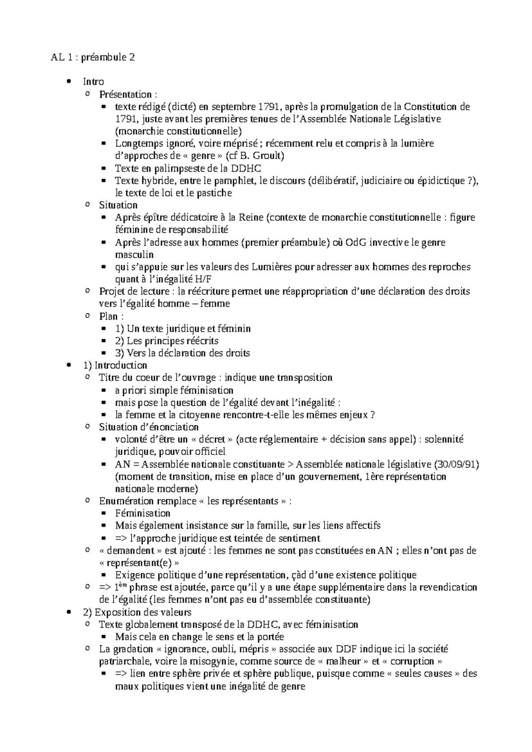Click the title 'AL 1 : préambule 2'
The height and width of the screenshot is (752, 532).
92,57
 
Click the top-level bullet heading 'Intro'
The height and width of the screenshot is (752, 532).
93,82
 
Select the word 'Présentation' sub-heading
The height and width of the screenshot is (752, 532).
125,94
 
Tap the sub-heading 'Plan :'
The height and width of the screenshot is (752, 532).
111,316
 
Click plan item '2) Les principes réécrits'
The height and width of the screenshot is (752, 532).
166,341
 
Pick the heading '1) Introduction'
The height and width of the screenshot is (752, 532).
115,365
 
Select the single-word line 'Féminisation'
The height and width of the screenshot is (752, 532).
143,513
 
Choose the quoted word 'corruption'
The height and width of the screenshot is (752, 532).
414,662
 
